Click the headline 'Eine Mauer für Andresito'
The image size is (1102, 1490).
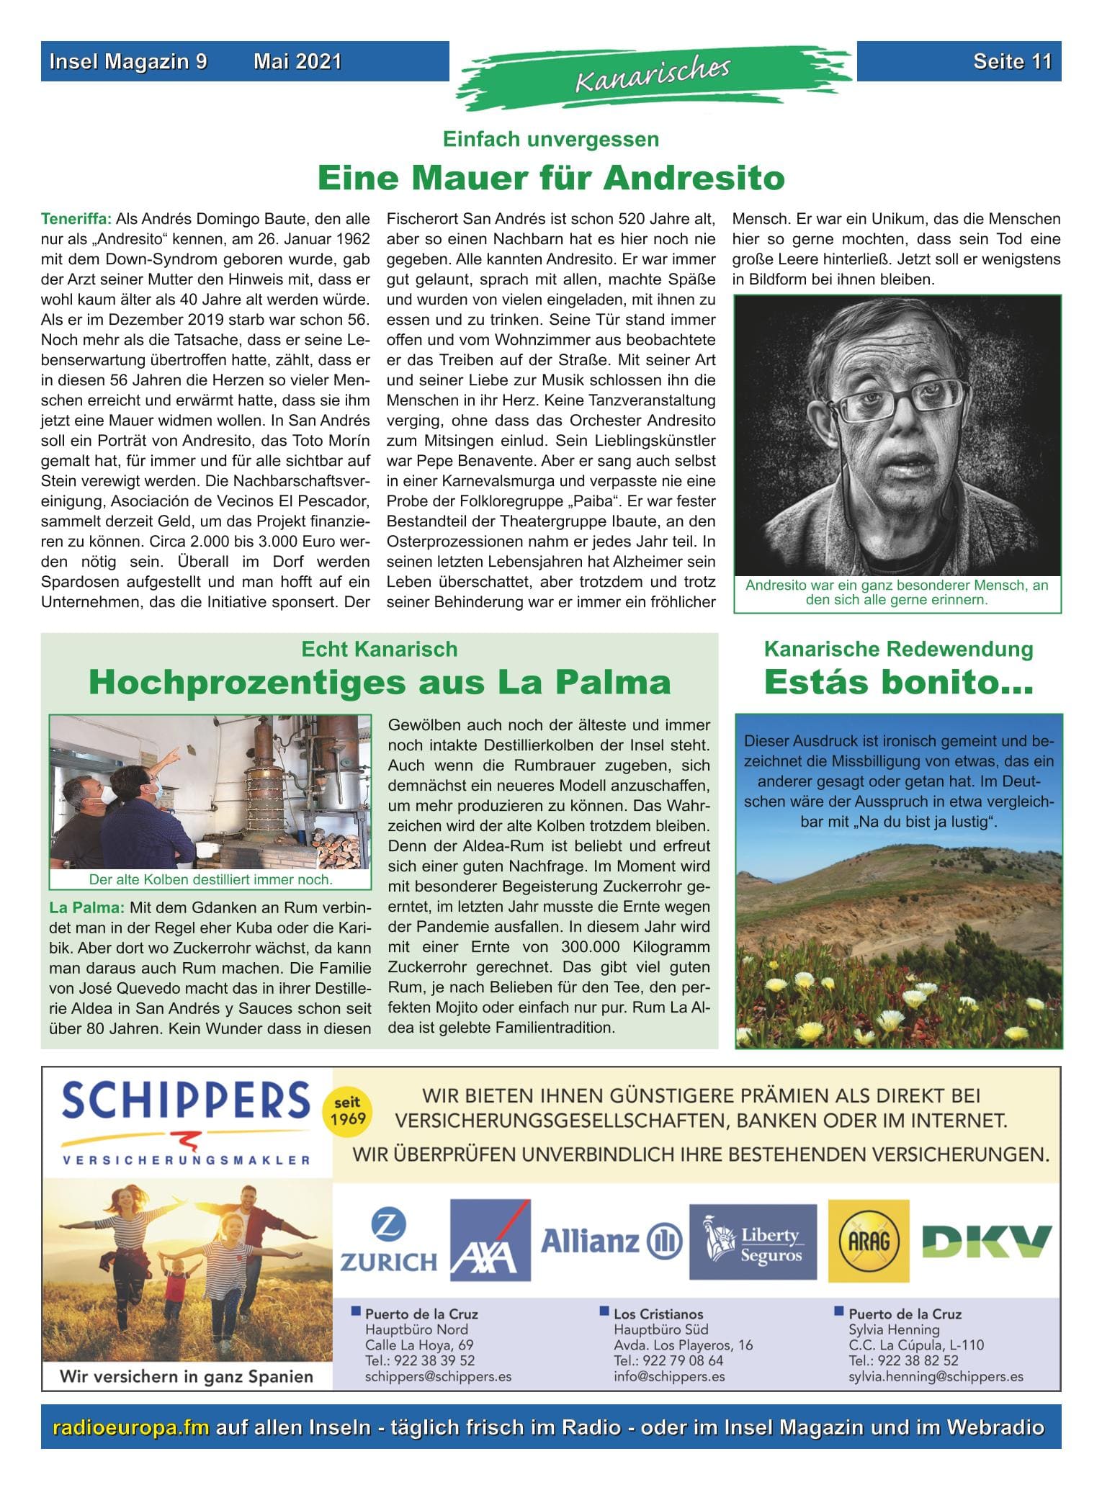pos(550,178)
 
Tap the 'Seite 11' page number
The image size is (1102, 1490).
pos(1012,62)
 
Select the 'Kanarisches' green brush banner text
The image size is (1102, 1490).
pos(652,74)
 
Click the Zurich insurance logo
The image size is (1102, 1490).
pos(389,1240)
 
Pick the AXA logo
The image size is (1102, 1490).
pos(490,1239)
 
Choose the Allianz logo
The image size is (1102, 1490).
pos(611,1240)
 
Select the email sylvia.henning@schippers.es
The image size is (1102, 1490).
pos(936,1376)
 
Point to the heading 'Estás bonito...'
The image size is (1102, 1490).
pos(898,682)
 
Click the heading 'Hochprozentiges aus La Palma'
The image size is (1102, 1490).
pos(380,682)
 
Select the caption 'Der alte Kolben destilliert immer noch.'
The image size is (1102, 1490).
pos(210,879)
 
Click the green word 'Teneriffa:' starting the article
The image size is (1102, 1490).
pos(76,218)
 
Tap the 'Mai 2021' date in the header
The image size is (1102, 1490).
pos(297,62)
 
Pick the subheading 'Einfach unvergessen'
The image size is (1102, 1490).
pos(550,139)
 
